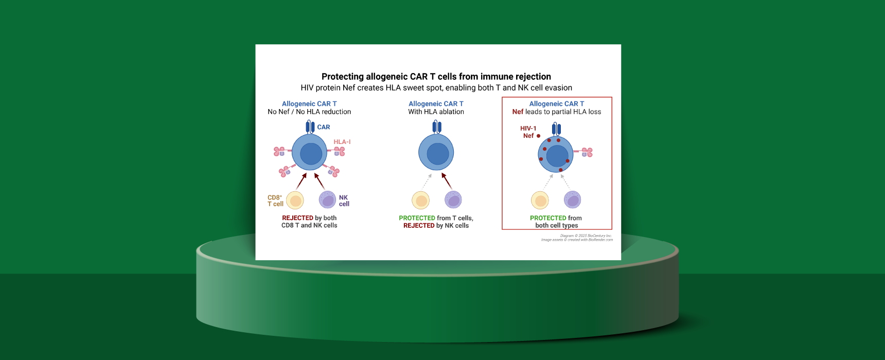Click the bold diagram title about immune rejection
pos(436,77)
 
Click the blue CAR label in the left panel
pos(324,127)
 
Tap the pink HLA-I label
pos(342,142)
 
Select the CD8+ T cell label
pos(275,201)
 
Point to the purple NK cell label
pos(344,201)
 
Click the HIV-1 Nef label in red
pos(528,132)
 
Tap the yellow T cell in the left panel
pos(295,200)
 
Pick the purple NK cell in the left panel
pos(328,200)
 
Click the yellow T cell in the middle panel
pos(421,200)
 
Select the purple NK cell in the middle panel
pos(453,200)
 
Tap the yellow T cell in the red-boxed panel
pos(540,200)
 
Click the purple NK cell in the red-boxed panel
pos(572,200)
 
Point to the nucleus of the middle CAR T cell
pos(438,154)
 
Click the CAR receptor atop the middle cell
pos(437,127)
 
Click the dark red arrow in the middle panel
pos(447,181)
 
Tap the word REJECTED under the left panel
pos(297,218)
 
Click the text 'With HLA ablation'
pos(436,112)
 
